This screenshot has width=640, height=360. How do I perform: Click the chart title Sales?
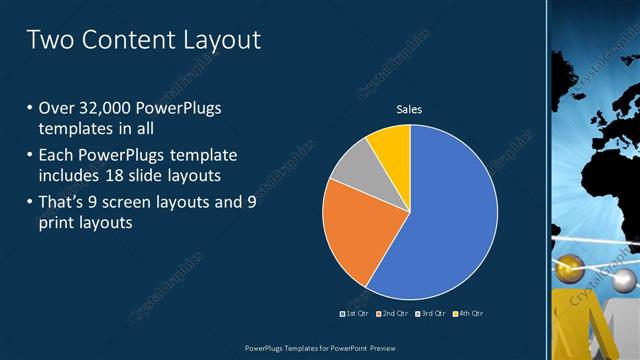[x=409, y=108]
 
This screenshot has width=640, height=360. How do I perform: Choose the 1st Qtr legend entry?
[x=354, y=314]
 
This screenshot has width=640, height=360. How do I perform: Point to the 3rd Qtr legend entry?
[x=430, y=314]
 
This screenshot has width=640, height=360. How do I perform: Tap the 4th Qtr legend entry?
[x=468, y=314]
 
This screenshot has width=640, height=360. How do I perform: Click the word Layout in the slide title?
[x=220, y=40]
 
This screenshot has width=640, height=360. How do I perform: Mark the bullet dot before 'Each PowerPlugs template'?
[x=30, y=154]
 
